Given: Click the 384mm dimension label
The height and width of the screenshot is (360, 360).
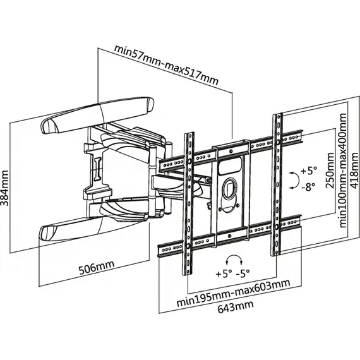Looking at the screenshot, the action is (4, 188).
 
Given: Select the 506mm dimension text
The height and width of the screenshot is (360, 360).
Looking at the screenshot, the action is (97, 267).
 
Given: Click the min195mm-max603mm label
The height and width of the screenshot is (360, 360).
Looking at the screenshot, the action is (233, 292).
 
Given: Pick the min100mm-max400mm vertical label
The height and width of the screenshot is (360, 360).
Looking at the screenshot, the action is (343, 171).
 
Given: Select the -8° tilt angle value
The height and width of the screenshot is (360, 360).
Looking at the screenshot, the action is (308, 186).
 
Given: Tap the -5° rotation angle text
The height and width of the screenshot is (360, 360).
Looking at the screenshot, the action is (243, 273).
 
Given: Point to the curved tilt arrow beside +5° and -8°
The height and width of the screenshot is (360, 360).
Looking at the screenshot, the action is (297, 181).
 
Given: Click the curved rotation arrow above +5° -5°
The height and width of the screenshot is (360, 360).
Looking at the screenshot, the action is (234, 256).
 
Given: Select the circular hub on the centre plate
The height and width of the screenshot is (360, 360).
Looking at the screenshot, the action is (230, 188).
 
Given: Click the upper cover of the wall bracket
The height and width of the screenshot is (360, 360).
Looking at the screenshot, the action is (97, 115).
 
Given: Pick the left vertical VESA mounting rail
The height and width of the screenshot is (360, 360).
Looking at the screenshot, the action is (189, 203).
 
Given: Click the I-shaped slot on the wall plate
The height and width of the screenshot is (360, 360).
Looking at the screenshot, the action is (98, 167).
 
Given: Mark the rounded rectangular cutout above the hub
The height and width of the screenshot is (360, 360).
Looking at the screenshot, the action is (231, 165).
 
